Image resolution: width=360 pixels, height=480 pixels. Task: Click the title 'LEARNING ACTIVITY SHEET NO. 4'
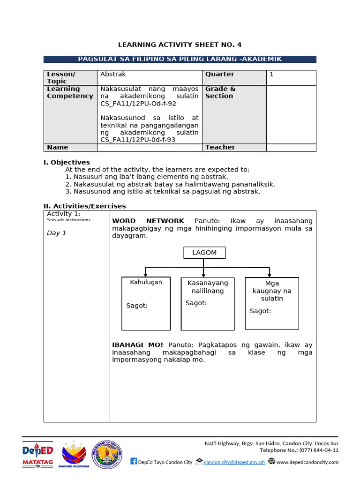pyautogui.click(x=180, y=45)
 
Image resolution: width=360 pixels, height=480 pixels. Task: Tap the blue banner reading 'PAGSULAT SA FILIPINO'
pyautogui.click(x=180, y=59)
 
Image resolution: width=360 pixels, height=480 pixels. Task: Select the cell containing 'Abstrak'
pyautogui.click(x=113, y=74)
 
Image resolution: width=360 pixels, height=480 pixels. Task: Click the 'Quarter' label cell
pyautogui.click(x=219, y=74)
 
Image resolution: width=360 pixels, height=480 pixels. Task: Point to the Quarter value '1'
pyautogui.click(x=271, y=74)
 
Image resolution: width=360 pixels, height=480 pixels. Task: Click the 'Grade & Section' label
pyautogui.click(x=220, y=92)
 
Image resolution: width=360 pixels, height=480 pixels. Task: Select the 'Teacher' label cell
pyautogui.click(x=220, y=147)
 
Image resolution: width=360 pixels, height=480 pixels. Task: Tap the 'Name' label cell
pyautogui.click(x=57, y=147)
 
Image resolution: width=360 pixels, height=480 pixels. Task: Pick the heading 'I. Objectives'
pyautogui.click(x=67, y=162)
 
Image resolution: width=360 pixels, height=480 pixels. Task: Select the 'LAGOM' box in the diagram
pyautogui.click(x=204, y=253)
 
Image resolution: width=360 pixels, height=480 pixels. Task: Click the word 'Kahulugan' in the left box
pyautogui.click(x=146, y=282)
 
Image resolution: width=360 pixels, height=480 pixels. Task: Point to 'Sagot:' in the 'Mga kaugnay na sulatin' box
pyautogui.click(x=260, y=311)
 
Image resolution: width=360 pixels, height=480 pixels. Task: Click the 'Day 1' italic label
pyautogui.click(x=57, y=233)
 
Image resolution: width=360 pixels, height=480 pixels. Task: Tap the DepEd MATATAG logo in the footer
pyautogui.click(x=38, y=453)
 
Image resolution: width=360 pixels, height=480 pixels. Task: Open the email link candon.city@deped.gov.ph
pyautogui.click(x=234, y=462)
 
